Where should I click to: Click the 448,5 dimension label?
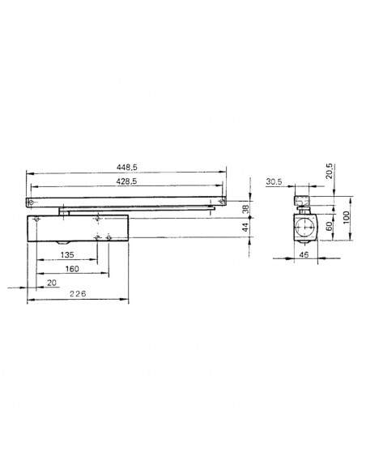[126, 167]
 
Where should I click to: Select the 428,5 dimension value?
[126, 181]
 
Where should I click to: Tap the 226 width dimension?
[78, 293]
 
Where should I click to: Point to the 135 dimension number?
[67, 255]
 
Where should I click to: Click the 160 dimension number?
[72, 269]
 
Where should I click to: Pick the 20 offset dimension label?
[52, 283]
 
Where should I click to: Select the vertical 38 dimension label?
[245, 209]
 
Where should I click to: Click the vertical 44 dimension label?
[245, 227]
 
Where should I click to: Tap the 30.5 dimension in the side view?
[274, 181]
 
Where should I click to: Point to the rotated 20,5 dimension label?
[330, 171]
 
